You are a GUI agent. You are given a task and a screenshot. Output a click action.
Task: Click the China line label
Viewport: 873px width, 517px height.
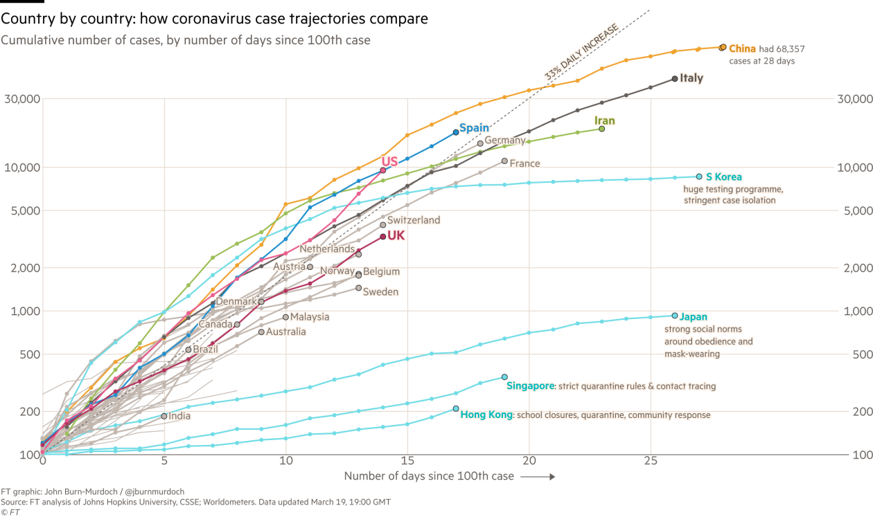(x=742, y=49)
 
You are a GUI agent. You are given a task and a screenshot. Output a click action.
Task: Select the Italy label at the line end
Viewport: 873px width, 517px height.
(x=691, y=78)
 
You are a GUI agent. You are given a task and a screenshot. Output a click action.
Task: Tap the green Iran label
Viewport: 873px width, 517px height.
(x=605, y=121)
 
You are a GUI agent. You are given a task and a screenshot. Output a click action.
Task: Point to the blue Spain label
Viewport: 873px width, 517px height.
(x=474, y=128)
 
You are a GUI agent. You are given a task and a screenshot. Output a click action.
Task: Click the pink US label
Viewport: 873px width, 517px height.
(x=389, y=161)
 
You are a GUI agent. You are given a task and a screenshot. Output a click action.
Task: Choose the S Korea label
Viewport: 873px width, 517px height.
(x=723, y=177)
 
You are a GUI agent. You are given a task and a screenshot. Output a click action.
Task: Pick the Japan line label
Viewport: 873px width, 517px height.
(x=693, y=317)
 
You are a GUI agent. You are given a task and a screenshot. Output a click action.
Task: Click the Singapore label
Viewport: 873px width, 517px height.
(x=530, y=386)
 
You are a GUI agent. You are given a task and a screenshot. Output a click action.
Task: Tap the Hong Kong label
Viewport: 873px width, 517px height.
(x=485, y=415)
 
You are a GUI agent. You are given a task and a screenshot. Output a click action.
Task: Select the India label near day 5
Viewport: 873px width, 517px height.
(x=179, y=416)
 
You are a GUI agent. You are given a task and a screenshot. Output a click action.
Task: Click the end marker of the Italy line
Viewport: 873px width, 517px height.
(x=675, y=79)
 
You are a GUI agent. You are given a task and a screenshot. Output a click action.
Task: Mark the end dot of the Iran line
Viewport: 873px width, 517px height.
(x=601, y=129)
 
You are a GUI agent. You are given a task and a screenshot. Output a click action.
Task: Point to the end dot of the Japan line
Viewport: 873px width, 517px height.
(x=675, y=316)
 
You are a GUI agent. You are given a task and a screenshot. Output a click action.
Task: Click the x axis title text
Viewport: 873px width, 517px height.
(x=429, y=476)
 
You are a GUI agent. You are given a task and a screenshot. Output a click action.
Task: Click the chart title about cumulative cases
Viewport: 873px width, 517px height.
(x=185, y=40)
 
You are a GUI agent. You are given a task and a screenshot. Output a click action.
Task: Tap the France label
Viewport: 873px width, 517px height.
(x=524, y=163)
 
